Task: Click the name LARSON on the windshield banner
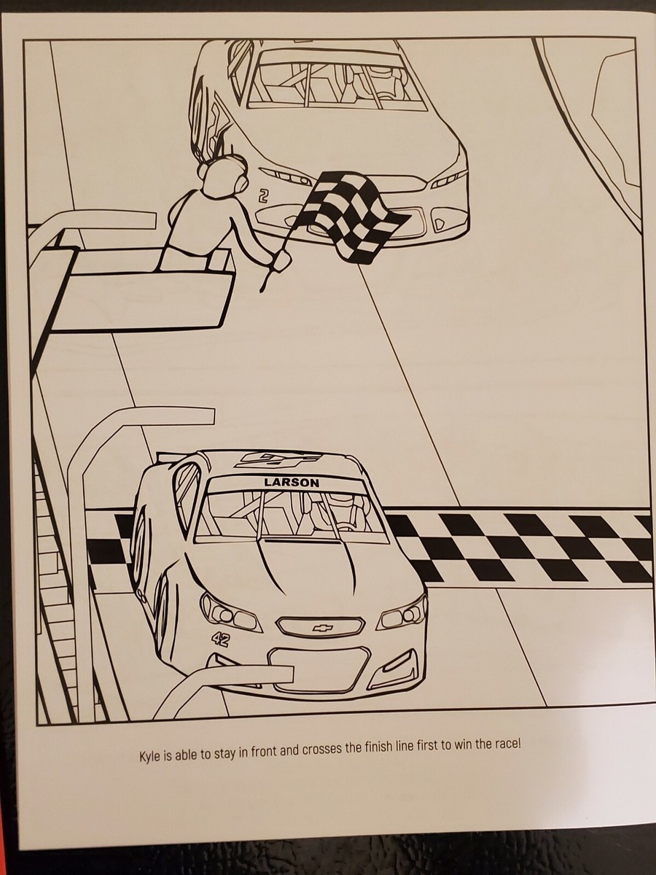click(292, 483)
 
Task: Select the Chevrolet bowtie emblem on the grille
click(321, 629)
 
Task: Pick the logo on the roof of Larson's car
click(277, 462)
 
